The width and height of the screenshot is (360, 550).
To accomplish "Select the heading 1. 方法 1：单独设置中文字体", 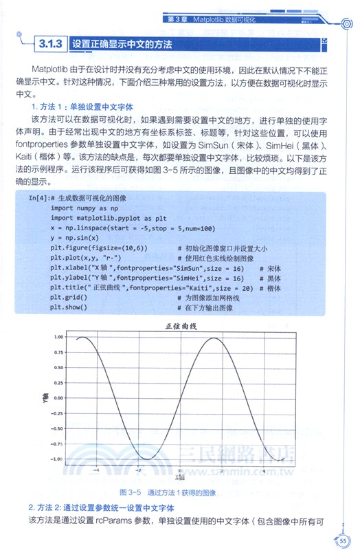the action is pos(82,107).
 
